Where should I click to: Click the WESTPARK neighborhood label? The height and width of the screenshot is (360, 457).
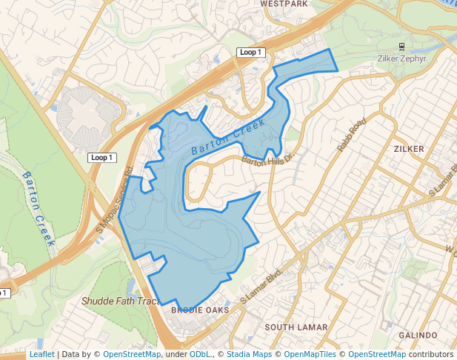pos(284,4)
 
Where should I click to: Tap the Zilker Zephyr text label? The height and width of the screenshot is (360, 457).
pos(401,57)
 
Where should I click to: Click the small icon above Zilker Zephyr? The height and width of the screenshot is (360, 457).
pos(401,46)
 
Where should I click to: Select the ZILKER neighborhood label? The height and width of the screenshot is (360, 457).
pos(409,149)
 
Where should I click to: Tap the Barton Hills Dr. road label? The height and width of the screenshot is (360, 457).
pos(268,159)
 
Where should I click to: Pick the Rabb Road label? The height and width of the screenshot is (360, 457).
pos(352,135)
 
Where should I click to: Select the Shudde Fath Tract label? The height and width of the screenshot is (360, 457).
pos(120,301)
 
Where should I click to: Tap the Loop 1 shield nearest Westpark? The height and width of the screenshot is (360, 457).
pos(250,53)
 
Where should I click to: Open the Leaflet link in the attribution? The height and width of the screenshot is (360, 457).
pos(41,355)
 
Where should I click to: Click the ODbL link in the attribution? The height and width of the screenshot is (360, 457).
pos(199,355)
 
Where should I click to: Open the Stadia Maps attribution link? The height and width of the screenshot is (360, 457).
pos(248,355)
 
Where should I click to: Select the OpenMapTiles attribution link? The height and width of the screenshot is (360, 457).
pos(310,355)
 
